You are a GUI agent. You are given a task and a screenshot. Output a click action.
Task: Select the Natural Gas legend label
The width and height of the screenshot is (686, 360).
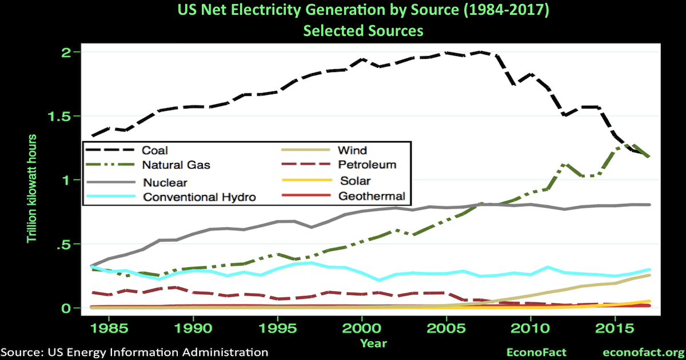[x=176, y=165]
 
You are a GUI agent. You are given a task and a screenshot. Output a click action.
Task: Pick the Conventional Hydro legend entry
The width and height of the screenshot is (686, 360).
[x=198, y=197]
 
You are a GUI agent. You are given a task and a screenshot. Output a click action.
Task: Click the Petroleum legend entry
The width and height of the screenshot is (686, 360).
[x=367, y=165]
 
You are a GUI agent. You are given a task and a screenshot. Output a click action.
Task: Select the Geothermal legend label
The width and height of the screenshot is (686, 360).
[x=371, y=196]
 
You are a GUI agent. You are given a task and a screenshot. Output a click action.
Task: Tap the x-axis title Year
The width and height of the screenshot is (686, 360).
[x=373, y=343]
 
